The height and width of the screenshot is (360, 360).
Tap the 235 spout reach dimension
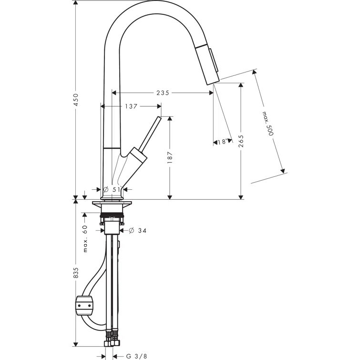pos(163,93)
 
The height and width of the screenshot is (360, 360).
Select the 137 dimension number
pos(132,107)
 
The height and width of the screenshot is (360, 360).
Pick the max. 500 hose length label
pos(267,124)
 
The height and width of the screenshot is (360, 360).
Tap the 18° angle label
pos(222,142)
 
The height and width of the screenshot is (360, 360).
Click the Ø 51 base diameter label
pos(113,189)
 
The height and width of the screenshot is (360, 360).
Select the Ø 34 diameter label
pos(136,230)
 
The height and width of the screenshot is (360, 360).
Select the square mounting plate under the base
pos(113,206)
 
